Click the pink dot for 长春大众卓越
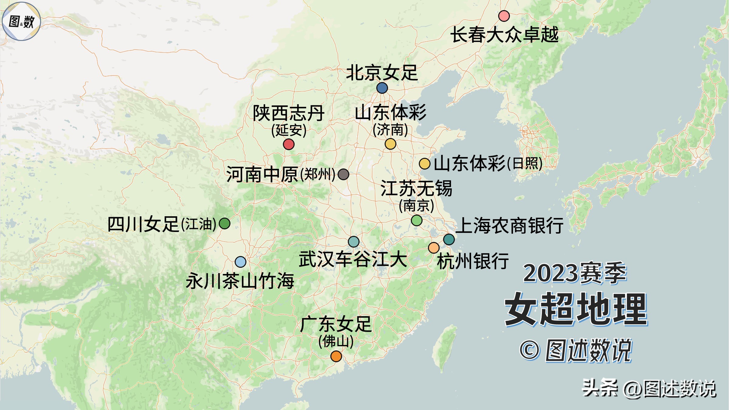(x=504, y=16)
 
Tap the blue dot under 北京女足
(x=382, y=88)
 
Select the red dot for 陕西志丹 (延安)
(x=289, y=144)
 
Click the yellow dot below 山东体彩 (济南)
(x=390, y=144)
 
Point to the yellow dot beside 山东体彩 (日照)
(x=424, y=164)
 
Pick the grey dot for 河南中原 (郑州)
(x=343, y=174)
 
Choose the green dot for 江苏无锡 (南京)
(x=416, y=220)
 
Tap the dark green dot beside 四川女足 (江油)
(x=224, y=224)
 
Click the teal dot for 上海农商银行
(x=449, y=239)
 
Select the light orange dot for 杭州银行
(x=433, y=248)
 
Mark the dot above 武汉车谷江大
(x=354, y=242)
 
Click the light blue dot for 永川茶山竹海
(x=240, y=262)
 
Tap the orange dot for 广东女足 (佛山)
(x=336, y=356)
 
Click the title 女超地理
(x=576, y=309)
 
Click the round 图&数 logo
(x=21, y=21)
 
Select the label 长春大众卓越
(x=504, y=35)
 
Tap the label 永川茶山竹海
(x=240, y=281)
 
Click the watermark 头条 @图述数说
(x=649, y=388)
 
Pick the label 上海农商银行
(x=509, y=225)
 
